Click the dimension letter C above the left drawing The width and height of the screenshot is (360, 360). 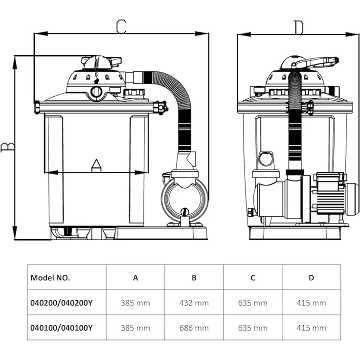coord(121,26)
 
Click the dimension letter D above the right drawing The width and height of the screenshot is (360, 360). coord(298,27)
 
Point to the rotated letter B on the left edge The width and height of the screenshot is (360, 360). coord(7,147)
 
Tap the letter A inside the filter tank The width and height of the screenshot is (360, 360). coord(96,165)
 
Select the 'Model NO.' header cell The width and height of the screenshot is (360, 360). coord(50,278)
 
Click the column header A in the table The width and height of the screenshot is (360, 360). coord(135,278)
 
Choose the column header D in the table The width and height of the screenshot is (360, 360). coord(311,278)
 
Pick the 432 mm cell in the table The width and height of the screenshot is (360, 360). coord(194,303)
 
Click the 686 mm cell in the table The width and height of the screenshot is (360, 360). coord(194,328)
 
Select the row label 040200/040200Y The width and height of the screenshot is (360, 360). coord(61,303)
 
